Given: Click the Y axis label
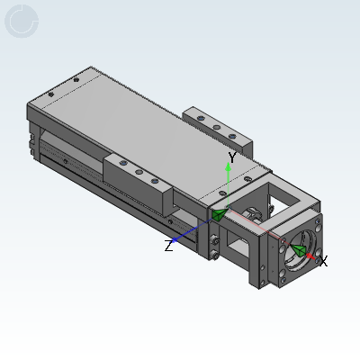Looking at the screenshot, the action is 232,157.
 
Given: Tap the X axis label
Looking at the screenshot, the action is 323,261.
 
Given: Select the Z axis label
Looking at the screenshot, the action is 169,246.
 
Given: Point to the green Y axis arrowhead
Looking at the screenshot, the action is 229,166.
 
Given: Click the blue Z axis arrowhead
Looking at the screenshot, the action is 174,239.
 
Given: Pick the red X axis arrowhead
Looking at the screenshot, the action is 310,256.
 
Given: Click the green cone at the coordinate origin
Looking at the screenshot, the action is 220,214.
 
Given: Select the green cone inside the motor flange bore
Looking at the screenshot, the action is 298,250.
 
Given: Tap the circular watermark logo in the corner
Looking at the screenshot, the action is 22,21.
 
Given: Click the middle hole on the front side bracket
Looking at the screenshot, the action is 139,172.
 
